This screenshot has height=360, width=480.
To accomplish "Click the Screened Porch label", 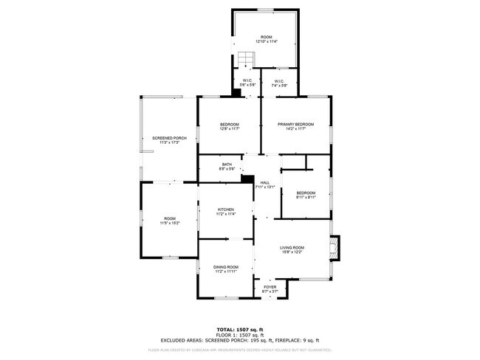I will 169,138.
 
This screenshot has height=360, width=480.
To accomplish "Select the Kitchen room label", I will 225,210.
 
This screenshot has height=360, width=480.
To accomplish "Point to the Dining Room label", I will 226,266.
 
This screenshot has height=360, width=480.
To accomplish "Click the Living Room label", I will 292,247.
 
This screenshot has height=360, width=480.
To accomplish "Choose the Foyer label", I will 270,287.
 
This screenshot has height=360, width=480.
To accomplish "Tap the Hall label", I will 264,182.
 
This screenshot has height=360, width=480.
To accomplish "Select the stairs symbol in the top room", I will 244,60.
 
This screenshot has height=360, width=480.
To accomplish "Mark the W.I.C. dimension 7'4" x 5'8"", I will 279,86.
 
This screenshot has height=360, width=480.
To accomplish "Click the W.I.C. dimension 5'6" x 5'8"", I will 247,86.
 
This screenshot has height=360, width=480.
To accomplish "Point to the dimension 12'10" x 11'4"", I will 266,41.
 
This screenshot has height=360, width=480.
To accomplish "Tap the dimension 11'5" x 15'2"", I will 170,223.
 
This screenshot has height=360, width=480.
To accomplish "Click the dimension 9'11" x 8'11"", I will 306,197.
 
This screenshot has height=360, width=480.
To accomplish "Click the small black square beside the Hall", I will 247,180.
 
